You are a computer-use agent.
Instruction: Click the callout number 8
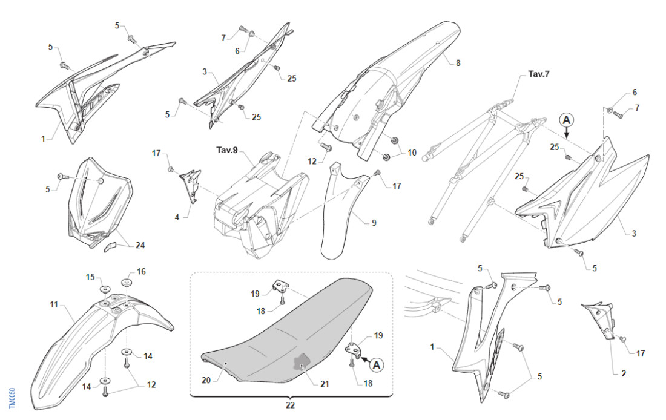[458, 62]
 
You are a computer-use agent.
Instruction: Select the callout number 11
[53, 304]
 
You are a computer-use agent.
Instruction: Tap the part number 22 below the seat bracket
[291, 405]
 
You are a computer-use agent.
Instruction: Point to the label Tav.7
[538, 74]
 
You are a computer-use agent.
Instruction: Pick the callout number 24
[140, 246]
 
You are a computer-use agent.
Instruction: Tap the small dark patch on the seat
[301, 363]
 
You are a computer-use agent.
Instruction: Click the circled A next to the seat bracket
[376, 364]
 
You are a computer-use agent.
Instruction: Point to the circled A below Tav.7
[566, 120]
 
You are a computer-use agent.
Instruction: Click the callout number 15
[90, 277]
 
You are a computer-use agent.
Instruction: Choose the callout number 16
[141, 272]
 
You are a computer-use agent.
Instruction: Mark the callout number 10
[412, 153]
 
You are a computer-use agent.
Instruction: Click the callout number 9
[374, 223]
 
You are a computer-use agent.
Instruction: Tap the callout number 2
[623, 373]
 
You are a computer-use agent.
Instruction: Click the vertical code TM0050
[12, 398]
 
